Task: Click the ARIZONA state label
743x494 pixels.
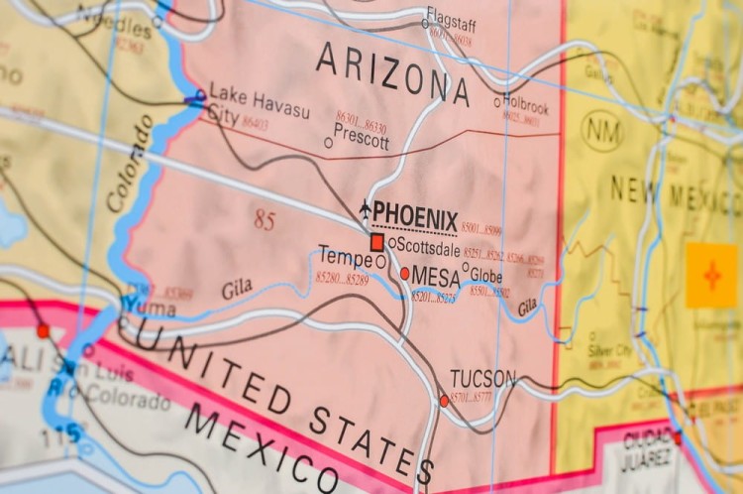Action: [392, 73]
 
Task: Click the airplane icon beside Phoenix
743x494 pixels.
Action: [365, 209]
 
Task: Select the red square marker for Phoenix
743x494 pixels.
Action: [376, 241]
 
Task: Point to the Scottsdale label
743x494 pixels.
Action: [429, 248]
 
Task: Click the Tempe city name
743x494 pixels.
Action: [345, 256]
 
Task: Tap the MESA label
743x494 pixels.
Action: [435, 276]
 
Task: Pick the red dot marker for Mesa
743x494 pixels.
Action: [404, 273]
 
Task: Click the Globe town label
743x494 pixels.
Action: [486, 276]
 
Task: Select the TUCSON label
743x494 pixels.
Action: [482, 378]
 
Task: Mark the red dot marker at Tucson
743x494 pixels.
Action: [444, 401]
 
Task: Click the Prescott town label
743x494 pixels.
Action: [362, 141]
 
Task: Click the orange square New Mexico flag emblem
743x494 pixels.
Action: [710, 275]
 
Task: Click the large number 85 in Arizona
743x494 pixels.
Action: [264, 220]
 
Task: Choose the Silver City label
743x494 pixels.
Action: [609, 350]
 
